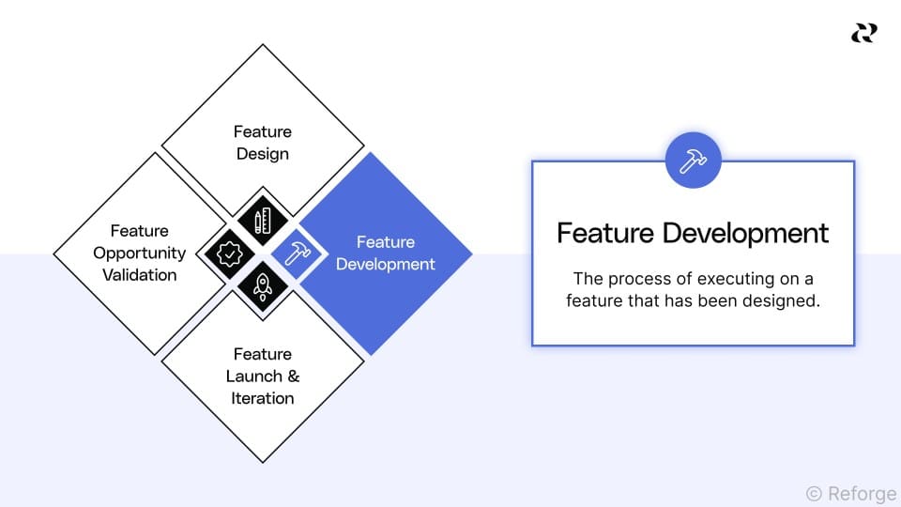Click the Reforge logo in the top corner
[x=863, y=34]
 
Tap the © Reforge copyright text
[x=850, y=493]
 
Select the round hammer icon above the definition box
[x=693, y=160]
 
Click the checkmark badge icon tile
[x=229, y=253]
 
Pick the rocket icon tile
[x=262, y=285]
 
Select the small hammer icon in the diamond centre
[x=295, y=253]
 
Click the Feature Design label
[x=263, y=142]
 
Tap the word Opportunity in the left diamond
[x=139, y=253]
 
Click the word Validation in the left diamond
[x=139, y=275]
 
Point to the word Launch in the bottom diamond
[x=252, y=376]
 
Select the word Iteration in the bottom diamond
[x=263, y=398]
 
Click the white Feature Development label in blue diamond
[x=385, y=253]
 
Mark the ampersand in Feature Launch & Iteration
[x=292, y=376]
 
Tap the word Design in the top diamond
[x=263, y=153]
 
